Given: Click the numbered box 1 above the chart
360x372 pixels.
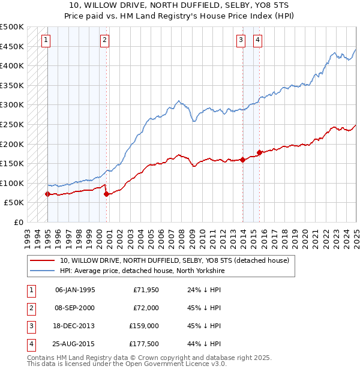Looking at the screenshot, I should click(x=46, y=40).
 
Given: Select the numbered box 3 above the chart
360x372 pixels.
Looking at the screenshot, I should click(x=241, y=40).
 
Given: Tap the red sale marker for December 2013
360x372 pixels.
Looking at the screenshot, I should click(x=243, y=160).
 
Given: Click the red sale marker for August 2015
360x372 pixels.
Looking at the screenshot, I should click(x=260, y=152).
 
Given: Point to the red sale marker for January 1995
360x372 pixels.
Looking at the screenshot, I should click(x=48, y=194).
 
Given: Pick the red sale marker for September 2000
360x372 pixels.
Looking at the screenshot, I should click(x=106, y=194).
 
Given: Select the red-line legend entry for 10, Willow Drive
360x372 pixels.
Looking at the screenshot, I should click(x=174, y=260).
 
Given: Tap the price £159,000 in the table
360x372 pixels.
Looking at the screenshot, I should click(x=144, y=326).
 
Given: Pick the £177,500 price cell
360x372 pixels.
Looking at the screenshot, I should click(x=144, y=344).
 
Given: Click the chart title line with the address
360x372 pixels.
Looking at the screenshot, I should click(x=180, y=6).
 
